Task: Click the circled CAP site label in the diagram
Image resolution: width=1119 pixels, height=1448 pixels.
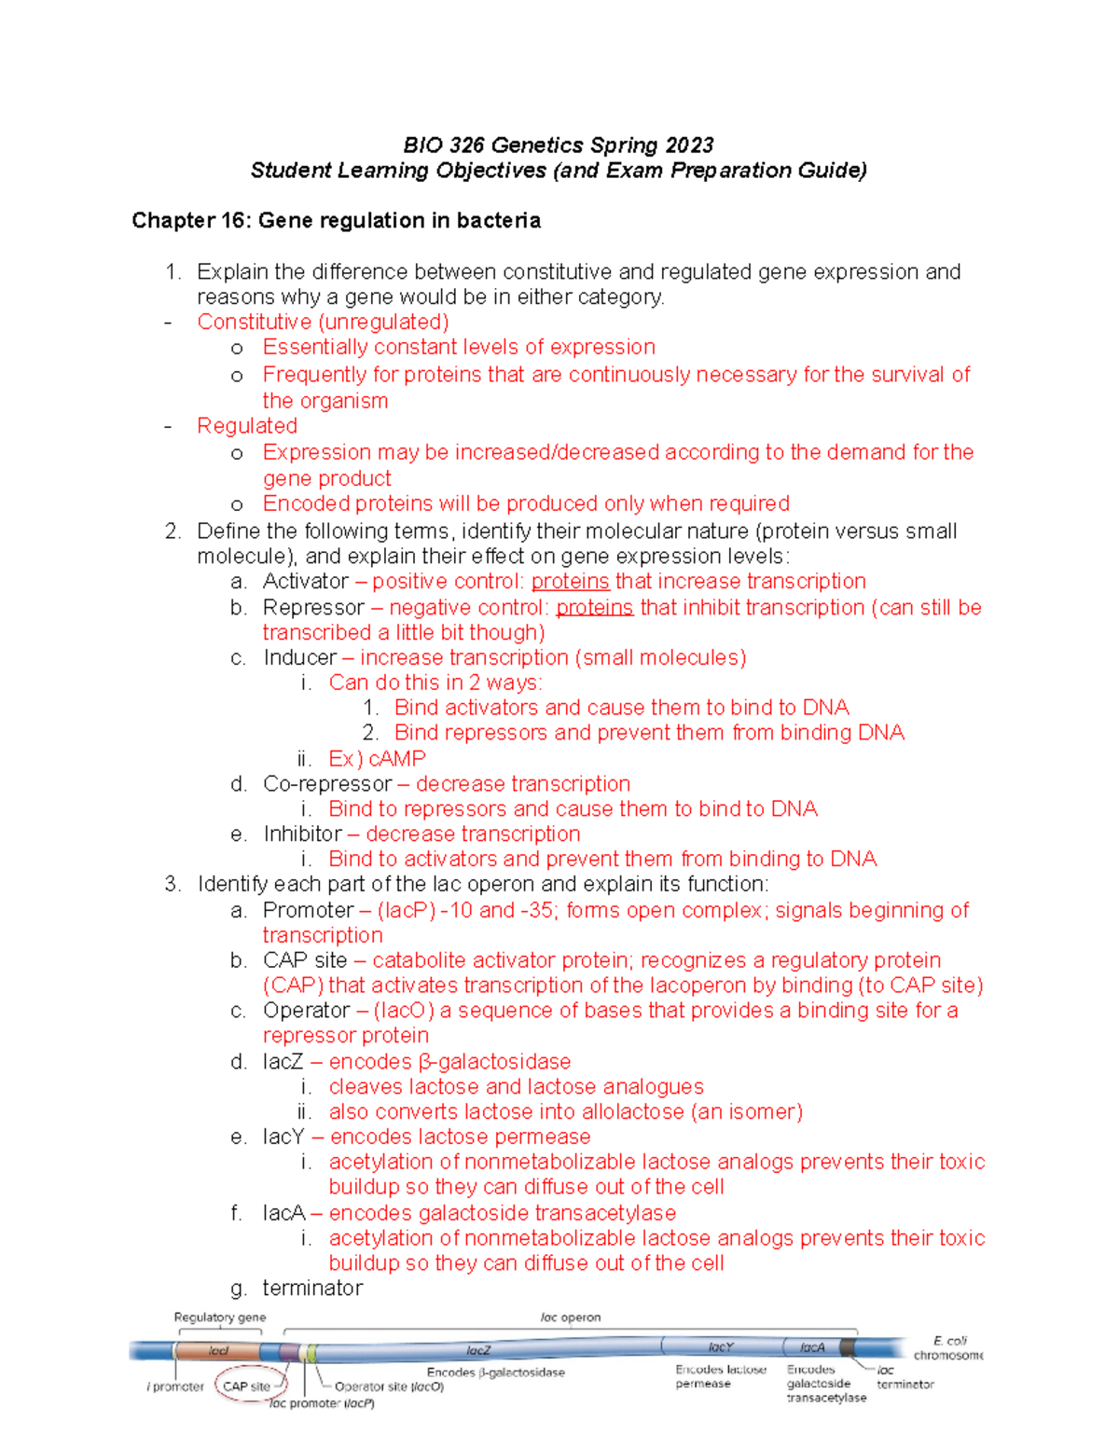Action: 247,1386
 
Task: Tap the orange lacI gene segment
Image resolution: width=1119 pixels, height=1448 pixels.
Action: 219,1351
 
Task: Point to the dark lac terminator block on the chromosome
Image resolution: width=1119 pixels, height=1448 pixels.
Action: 847,1347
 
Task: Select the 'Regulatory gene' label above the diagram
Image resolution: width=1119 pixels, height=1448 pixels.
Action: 220,1317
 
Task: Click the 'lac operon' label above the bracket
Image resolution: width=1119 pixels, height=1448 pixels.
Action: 571,1317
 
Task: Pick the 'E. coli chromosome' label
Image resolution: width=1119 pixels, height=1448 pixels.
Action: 948,1348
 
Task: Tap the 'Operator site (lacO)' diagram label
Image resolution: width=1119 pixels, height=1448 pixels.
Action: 389,1386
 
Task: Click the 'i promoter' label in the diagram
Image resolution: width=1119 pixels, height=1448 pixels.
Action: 175,1386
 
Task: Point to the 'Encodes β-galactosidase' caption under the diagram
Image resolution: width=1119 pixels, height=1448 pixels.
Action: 496,1372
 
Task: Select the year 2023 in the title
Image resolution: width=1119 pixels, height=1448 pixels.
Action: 689,145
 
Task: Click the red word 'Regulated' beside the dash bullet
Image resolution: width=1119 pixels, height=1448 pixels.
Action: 247,426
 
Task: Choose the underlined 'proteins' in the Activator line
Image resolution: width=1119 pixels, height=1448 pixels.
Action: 570,582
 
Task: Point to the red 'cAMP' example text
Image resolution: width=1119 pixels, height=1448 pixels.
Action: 397,759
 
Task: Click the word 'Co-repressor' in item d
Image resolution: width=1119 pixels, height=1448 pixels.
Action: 327,784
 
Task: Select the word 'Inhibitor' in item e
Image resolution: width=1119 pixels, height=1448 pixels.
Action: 302,834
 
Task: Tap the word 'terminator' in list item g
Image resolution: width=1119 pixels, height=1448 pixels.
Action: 312,1289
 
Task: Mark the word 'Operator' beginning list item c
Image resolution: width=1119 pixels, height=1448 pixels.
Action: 307,1011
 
